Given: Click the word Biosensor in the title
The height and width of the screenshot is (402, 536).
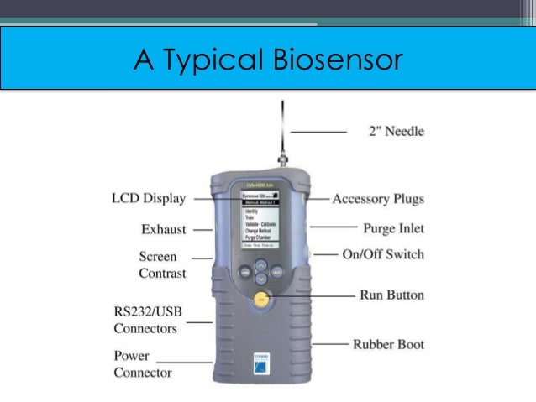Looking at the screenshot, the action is pyautogui.click(x=338, y=60).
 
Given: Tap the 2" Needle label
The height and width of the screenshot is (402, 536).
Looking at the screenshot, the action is pyautogui.click(x=397, y=131).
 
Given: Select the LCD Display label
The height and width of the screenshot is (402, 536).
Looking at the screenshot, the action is pyautogui.click(x=149, y=199).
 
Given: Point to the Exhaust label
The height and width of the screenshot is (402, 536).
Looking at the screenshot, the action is pyautogui.click(x=164, y=228).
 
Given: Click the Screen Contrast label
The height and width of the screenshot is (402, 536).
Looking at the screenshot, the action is pyautogui.click(x=163, y=264).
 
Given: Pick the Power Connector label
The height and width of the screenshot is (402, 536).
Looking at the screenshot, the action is pyautogui.click(x=142, y=363).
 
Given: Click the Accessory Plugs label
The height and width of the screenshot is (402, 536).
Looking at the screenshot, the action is pyautogui.click(x=378, y=199).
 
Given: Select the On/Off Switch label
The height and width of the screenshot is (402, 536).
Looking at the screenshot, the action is pyautogui.click(x=383, y=254).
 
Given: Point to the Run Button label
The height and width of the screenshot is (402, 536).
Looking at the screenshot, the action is pyautogui.click(x=391, y=295).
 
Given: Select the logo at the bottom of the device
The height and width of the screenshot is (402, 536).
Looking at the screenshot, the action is pyautogui.click(x=261, y=359).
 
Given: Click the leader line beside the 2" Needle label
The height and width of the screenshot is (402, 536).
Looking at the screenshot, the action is pyautogui.click(x=319, y=132).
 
